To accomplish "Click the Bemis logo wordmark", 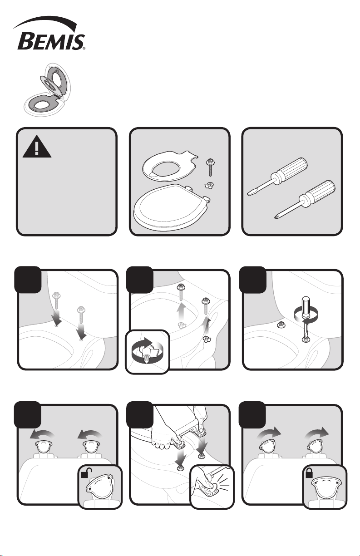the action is tap(51, 42).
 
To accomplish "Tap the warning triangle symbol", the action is tap(37, 147).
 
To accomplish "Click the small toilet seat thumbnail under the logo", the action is tap(47, 89).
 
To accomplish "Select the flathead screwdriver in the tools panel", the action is tap(277, 177).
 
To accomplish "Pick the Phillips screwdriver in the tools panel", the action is tap(305, 199).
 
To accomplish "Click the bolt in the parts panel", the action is tap(210, 168).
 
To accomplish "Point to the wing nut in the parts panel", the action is tap(209, 186).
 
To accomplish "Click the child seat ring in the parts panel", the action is tap(170, 166).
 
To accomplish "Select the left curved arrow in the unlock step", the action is tap(42, 435).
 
